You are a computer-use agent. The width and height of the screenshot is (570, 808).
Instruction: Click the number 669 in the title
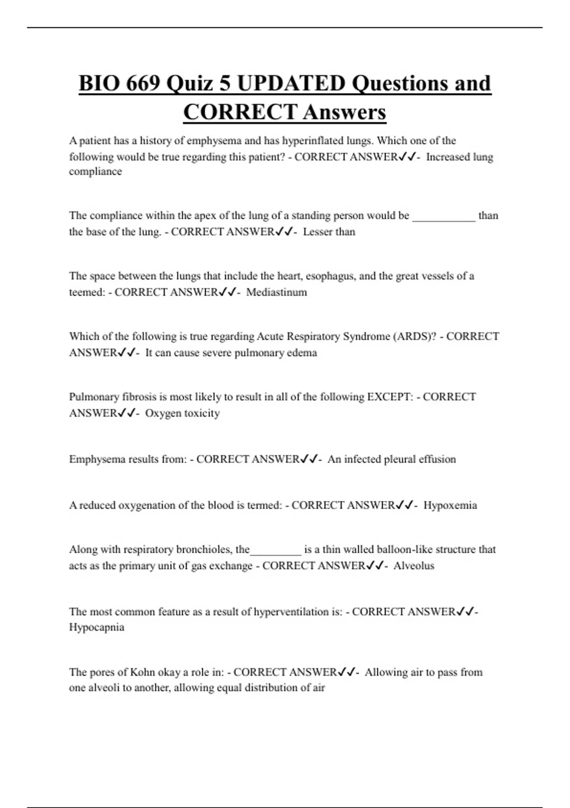143,84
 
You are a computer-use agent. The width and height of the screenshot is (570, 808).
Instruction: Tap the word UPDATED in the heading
291,84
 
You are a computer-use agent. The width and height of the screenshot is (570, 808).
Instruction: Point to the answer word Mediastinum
276,292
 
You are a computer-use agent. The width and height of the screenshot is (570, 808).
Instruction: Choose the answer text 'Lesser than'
329,232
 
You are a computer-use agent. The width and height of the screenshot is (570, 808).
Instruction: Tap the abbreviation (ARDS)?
414,337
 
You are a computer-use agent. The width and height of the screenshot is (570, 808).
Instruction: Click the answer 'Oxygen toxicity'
182,413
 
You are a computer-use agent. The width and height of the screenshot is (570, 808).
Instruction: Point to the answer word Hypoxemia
450,505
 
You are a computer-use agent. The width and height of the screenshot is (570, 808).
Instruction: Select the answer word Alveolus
414,566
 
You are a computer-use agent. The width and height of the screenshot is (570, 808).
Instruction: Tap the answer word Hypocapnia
96,627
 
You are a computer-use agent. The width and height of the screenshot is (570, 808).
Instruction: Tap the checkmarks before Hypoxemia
405,505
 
